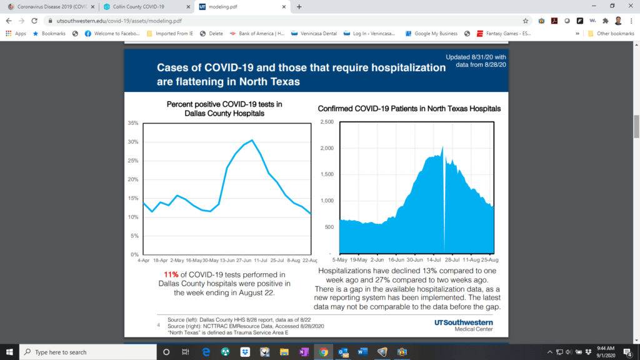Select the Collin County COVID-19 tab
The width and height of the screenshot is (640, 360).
144,7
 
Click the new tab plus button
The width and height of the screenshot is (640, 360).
299,7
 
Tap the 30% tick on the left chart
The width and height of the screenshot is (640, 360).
133,142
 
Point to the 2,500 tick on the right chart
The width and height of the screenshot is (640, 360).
326,122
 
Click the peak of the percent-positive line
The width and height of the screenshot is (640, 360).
251,140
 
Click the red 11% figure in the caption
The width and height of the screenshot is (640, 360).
171,274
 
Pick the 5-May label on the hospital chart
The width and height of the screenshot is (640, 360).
340,258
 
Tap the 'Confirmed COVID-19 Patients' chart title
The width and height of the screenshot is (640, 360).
409,108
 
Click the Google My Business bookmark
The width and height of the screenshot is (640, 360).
432,33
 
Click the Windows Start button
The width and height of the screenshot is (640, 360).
9,352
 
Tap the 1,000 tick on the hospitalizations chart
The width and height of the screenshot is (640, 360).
326,201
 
